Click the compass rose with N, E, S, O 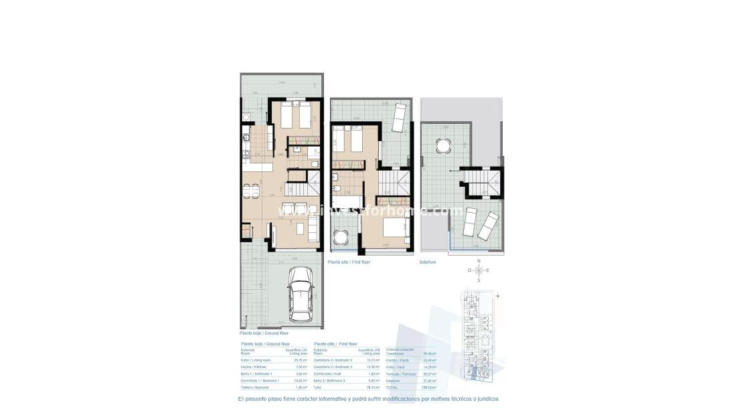pos(478,270)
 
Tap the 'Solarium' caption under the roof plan pos(428,262)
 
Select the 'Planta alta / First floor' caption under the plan pos(349,262)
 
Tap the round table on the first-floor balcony pos(342,237)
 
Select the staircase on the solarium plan pos(481,182)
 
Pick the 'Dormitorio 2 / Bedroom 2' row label pos(333,360)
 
